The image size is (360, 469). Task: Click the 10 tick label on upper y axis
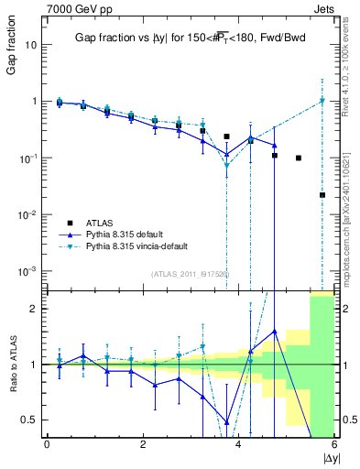pos(30,45)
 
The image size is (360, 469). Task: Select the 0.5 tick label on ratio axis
pos(27,420)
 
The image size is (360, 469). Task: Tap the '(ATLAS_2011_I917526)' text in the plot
pos(190,273)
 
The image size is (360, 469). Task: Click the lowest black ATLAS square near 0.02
pos(322,195)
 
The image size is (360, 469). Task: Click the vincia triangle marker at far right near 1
pos(322,101)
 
